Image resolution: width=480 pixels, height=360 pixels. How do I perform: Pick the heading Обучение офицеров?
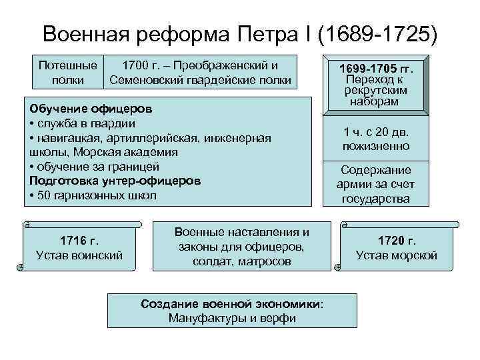(x=91, y=108)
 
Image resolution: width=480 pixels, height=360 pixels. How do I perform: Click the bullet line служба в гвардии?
(x=83, y=123)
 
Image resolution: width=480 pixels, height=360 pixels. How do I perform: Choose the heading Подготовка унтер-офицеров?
(x=115, y=181)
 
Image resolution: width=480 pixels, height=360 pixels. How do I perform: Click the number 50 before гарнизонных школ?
(x=45, y=196)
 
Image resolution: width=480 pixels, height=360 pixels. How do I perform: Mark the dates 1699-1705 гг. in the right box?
(x=377, y=69)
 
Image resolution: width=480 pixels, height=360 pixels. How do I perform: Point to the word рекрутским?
(x=377, y=91)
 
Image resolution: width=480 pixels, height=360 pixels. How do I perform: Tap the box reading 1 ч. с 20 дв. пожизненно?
(x=376, y=139)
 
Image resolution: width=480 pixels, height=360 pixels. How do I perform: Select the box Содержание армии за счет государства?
(x=376, y=184)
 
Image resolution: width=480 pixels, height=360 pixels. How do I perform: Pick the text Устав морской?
(x=397, y=255)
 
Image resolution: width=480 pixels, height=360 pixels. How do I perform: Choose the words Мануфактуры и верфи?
(x=232, y=318)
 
